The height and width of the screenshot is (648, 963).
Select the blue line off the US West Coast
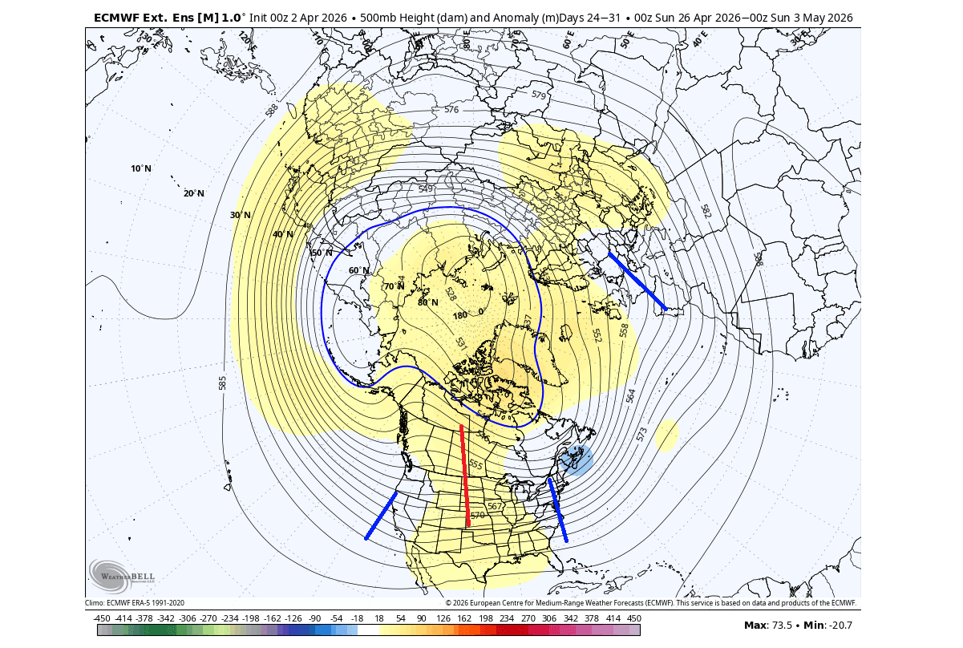[x=381, y=516]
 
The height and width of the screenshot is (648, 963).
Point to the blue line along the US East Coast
[x=557, y=509]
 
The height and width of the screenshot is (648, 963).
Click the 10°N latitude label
[x=140, y=168]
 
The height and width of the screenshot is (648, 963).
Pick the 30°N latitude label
[x=241, y=215]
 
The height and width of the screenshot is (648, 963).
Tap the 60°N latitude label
[x=358, y=270]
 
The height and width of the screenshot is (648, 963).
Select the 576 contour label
[x=451, y=109]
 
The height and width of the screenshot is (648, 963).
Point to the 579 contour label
[x=539, y=95]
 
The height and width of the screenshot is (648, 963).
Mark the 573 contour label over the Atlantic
[x=641, y=434]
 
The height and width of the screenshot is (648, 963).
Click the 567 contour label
[x=495, y=506]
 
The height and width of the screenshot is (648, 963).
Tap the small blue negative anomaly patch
[x=577, y=460]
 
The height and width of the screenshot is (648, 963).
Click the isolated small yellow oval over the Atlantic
[x=666, y=435]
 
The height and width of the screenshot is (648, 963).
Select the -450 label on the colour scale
[x=102, y=618]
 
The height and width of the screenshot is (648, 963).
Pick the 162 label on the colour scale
[x=464, y=618]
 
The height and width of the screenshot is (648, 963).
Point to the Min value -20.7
[x=840, y=625]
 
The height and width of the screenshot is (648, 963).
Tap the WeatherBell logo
[x=122, y=574]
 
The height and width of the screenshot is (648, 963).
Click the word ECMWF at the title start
[x=117, y=17]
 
